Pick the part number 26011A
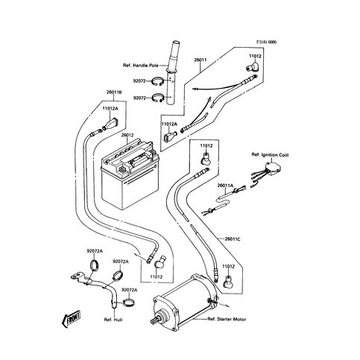click(226, 185)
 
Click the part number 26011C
click(235, 239)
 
